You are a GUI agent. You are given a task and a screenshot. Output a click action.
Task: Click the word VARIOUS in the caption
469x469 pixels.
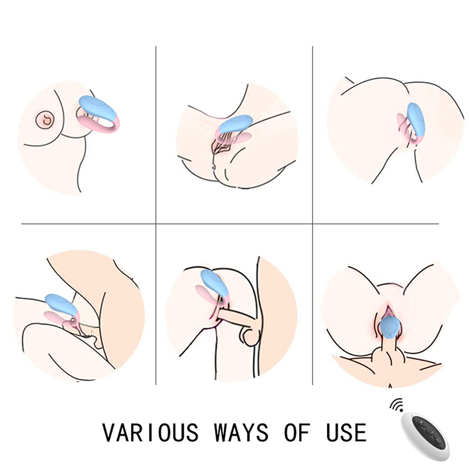[x=150, y=432]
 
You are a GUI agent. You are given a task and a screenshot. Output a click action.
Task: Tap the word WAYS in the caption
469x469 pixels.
[x=241, y=432]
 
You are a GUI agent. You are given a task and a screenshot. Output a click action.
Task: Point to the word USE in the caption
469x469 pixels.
[x=346, y=432]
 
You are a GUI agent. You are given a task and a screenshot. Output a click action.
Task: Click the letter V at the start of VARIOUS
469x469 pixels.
[x=108, y=432]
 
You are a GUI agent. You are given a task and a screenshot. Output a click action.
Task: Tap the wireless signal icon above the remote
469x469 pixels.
[x=396, y=405]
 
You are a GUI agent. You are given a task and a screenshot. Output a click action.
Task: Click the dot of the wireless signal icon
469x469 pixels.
[x=401, y=409]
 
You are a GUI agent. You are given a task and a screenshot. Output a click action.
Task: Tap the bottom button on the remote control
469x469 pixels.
[x=438, y=440]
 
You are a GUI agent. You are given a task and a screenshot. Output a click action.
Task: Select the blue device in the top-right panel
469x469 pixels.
[x=416, y=120]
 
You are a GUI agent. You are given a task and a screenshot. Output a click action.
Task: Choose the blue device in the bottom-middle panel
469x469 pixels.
[x=215, y=283]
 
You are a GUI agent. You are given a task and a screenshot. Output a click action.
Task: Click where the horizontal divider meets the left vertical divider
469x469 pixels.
[x=156, y=223]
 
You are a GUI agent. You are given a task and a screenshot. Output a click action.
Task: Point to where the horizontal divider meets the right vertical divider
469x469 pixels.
[x=312, y=223]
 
